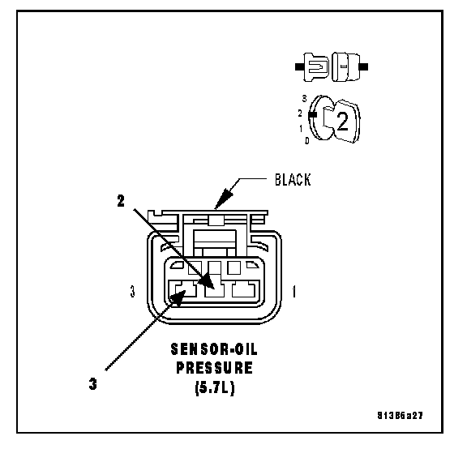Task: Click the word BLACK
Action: click(x=293, y=180)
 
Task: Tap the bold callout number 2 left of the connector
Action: click(x=121, y=201)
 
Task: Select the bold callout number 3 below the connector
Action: click(x=93, y=384)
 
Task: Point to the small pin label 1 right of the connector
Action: click(x=294, y=292)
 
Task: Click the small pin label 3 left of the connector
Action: click(x=133, y=292)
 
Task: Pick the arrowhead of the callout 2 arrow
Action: click(x=207, y=280)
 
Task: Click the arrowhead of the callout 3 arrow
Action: click(x=178, y=298)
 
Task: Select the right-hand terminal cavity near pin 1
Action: click(x=243, y=289)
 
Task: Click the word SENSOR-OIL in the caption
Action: click(x=214, y=349)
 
